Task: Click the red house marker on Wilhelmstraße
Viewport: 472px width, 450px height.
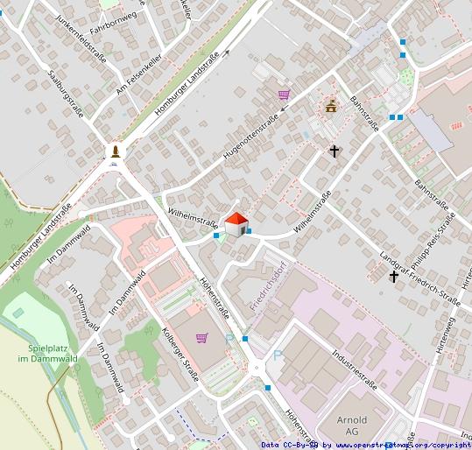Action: point(236,224)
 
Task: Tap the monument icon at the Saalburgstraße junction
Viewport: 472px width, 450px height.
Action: point(115,152)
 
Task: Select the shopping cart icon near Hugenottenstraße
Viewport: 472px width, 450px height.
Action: point(284,95)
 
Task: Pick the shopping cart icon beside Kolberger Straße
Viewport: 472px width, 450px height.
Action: point(202,337)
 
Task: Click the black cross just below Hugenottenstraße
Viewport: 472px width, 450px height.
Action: point(334,151)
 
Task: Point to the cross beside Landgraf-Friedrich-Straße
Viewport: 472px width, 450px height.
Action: point(394,277)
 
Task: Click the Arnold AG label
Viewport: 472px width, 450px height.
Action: point(352,425)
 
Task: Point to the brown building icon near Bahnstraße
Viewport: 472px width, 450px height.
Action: point(331,107)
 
